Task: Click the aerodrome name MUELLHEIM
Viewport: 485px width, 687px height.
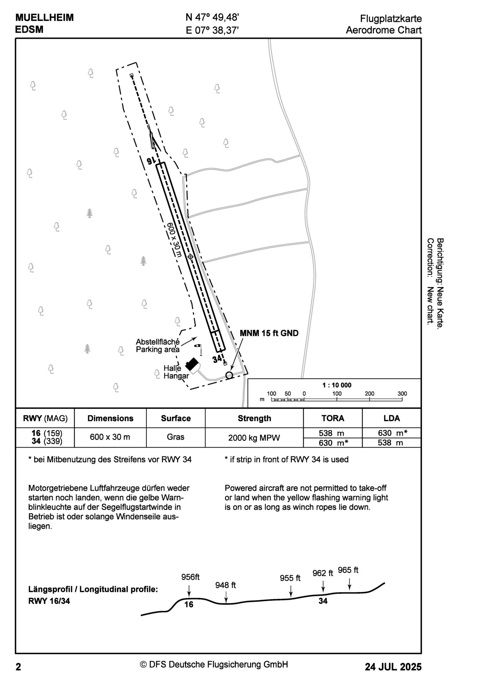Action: point(44,18)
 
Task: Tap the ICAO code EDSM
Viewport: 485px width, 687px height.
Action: point(29,30)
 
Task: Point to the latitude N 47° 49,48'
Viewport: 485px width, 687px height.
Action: point(212,18)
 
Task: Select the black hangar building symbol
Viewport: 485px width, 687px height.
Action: point(192,365)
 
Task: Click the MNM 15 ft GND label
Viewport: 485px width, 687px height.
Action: point(269,333)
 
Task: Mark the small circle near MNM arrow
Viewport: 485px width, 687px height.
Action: point(229,375)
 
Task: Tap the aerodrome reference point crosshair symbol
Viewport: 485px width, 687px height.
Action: point(190,257)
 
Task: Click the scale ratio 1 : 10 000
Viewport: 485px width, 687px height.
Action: point(337,385)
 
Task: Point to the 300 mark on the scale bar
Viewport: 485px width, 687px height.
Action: point(402,394)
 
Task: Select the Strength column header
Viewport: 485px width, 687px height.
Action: point(254,418)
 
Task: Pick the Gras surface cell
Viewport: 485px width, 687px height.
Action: point(175,437)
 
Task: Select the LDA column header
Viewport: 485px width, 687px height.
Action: point(391,418)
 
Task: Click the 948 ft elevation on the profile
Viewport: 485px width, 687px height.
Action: point(225,585)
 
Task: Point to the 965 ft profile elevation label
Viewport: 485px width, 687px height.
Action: point(348,570)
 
